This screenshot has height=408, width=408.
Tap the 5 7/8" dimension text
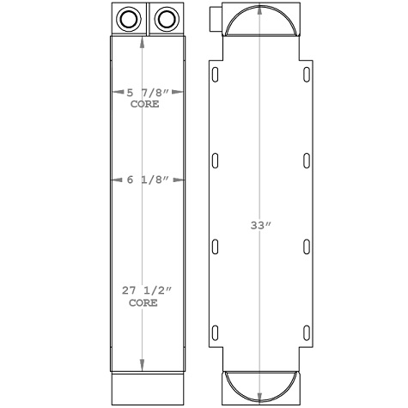coord(144,93)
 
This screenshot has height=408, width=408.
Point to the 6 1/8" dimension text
coord(144,180)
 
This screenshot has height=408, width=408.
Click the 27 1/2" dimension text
coord(144,293)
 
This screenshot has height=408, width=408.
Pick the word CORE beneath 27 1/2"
coord(143,303)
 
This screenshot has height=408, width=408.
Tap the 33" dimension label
coord(261,226)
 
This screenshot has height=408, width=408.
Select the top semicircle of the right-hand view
coord(261,22)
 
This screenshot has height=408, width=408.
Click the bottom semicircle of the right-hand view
coord(261,387)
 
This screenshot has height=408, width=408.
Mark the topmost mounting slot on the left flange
coord(216,75)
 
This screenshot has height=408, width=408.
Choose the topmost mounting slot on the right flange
coord(307,75)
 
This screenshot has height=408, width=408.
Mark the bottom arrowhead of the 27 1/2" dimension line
coord(143,363)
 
